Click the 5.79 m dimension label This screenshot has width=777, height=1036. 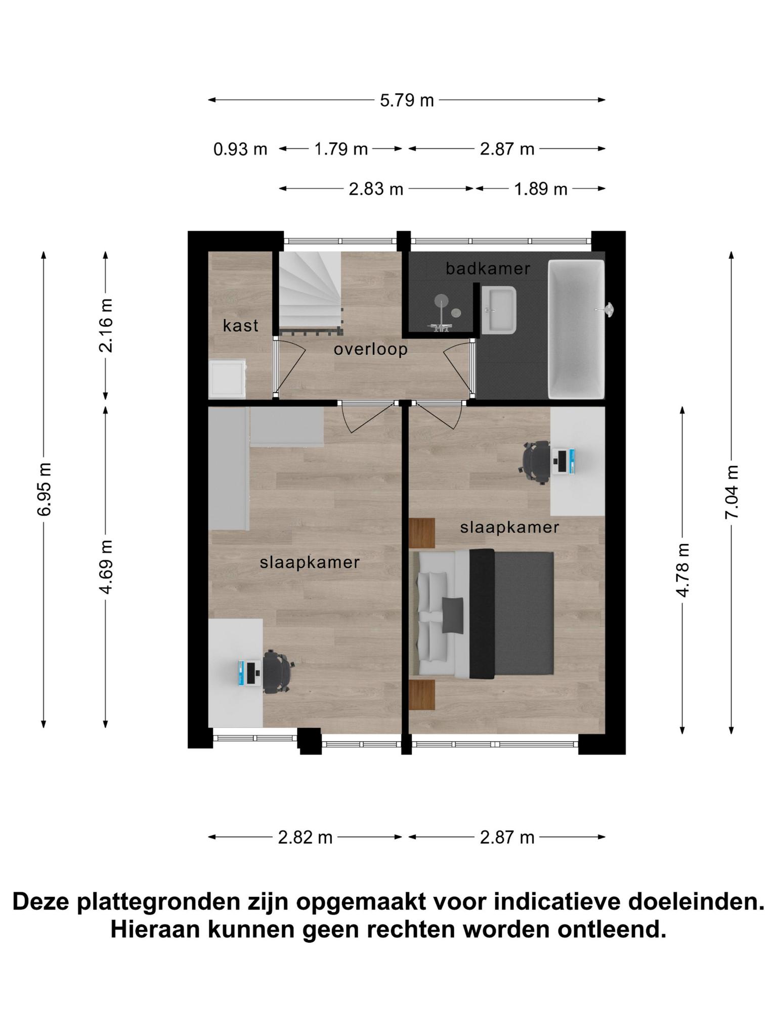pos(407,100)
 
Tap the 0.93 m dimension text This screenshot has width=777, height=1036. pos(240,149)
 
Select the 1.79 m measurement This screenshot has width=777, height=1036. pos(341,149)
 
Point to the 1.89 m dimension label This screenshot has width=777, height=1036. pos(541,189)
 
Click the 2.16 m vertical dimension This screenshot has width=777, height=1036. pos(106,325)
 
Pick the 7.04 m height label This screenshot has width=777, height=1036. pos(732,491)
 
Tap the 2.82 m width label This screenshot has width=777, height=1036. pos(305,838)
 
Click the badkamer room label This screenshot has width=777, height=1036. pos(488,269)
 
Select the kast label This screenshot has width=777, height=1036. pos(241,325)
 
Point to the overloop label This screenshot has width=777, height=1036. pos(371,349)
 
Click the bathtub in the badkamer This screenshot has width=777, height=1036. pos(577,329)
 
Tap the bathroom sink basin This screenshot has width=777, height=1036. pos(499,310)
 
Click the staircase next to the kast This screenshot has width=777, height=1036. pos(310,293)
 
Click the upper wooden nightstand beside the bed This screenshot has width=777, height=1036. pos(422,533)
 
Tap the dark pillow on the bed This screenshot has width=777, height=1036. pos(453,615)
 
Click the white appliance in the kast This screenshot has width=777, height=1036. pos(227,379)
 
